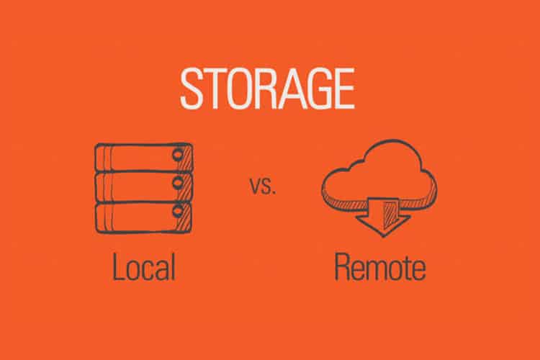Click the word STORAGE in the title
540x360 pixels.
267,88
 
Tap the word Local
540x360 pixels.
144,266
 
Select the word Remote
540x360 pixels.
380,266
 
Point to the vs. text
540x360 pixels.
262,186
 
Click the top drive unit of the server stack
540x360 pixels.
143,157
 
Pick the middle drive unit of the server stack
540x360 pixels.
143,186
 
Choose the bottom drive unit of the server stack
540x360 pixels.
143,217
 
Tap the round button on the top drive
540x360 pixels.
178,156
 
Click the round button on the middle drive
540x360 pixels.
178,183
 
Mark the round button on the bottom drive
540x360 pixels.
178,210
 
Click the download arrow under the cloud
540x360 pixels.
383,216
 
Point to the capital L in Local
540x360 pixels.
118,266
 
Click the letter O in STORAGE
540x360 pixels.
238,89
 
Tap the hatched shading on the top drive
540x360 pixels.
187,157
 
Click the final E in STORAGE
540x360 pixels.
343,89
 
